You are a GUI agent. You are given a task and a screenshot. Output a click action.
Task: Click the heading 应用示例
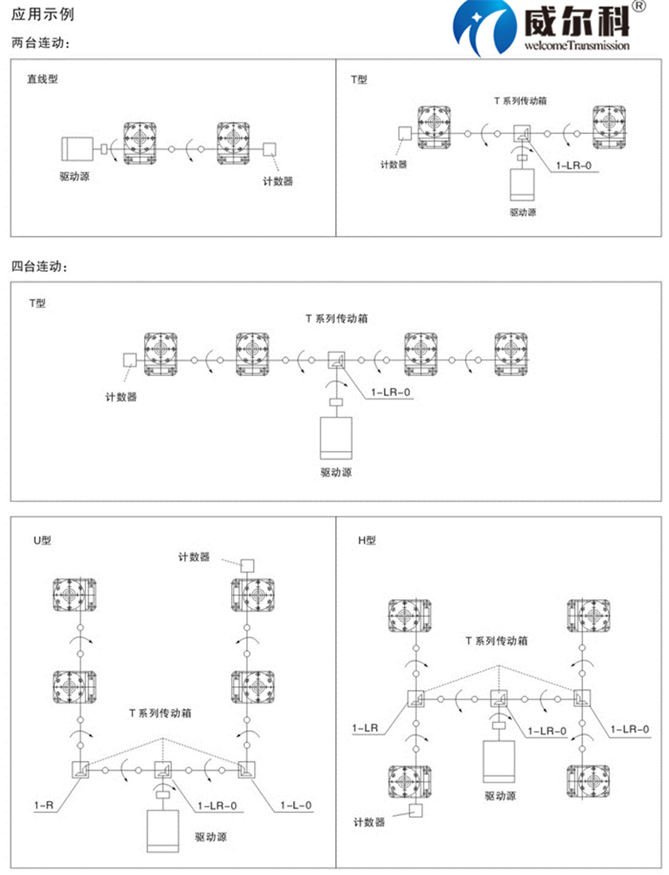click(42, 15)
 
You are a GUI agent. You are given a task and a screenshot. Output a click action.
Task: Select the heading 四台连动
click(40, 266)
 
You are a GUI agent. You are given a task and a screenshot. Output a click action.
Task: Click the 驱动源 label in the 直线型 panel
click(74, 175)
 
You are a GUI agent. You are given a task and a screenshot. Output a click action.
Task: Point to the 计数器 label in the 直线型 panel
click(278, 181)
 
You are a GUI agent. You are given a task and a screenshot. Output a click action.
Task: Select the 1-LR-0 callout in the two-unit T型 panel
click(569, 165)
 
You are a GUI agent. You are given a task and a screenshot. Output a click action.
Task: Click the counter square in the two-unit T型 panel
click(405, 134)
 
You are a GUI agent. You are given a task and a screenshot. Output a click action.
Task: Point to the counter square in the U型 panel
click(246, 564)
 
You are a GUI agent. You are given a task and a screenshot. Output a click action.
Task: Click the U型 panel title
click(41, 540)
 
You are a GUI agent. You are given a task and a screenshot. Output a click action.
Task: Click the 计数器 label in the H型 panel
click(370, 822)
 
